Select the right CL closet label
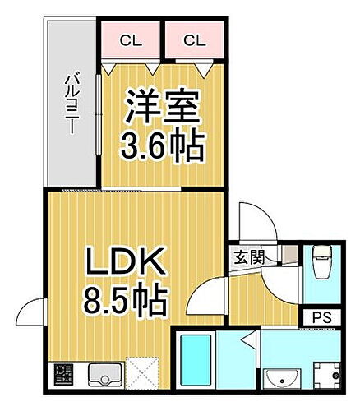[193, 38]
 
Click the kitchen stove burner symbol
[64, 375]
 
